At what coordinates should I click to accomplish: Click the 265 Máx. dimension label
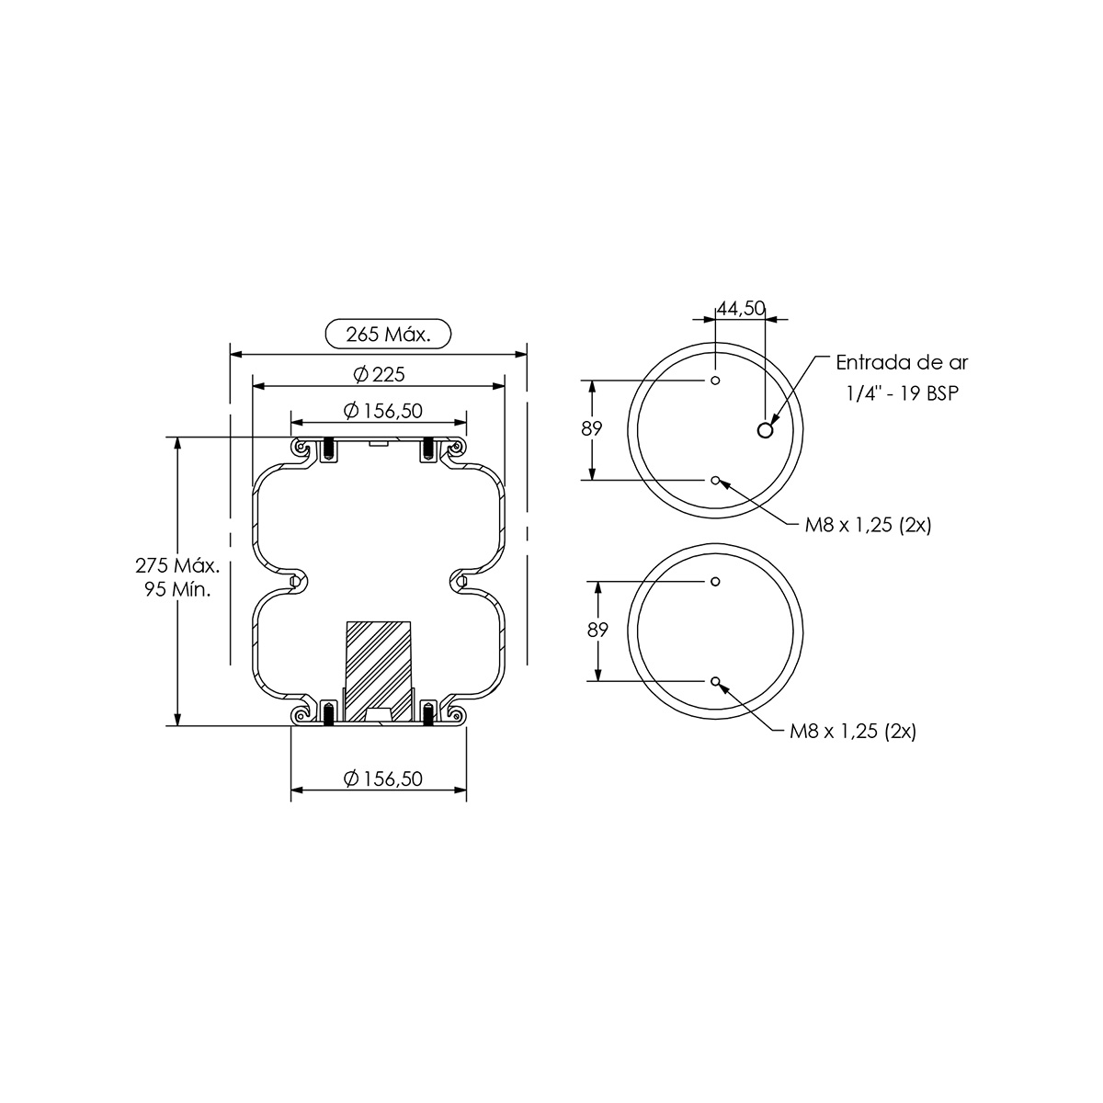(388, 335)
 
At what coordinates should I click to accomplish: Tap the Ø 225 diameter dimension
(379, 374)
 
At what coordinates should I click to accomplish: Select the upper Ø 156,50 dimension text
(383, 410)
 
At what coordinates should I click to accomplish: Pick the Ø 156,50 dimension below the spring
(383, 779)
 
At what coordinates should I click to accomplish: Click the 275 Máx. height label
(177, 565)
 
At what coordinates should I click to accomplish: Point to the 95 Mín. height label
(177, 589)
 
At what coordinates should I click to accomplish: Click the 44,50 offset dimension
(741, 309)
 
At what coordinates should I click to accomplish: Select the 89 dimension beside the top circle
(592, 428)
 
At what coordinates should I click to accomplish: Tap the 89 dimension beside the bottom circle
(597, 630)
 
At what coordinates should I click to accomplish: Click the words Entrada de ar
(902, 362)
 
